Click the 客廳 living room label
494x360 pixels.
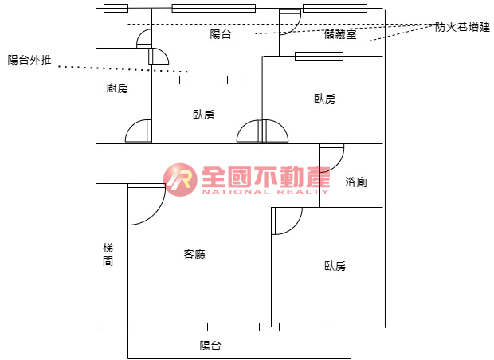tap(194, 255)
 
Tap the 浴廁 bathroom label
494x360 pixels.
tap(356, 182)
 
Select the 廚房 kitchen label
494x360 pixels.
tap(117, 88)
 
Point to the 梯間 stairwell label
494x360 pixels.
tap(108, 255)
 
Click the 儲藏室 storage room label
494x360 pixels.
tap(341, 33)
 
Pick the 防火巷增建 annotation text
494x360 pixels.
tap(463, 26)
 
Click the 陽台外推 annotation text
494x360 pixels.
tap(29, 60)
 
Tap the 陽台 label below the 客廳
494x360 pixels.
tap(210, 346)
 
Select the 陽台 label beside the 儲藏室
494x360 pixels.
tap(221, 34)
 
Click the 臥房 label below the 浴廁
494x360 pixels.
tap(335, 266)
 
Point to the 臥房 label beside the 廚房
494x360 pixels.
tap(203, 115)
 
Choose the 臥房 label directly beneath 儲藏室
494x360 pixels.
tap(324, 99)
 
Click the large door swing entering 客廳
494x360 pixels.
tap(147, 204)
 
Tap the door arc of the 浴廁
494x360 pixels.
tap(332, 156)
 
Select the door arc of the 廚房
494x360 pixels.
tap(138, 131)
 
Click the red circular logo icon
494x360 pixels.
tap(181, 180)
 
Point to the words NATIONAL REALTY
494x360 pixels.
tap(265, 192)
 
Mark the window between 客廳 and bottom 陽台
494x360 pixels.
tap(233, 327)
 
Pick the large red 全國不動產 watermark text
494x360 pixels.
tap(266, 177)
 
